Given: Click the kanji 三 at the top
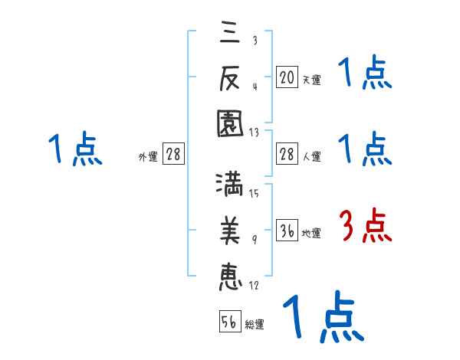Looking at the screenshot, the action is [228, 32].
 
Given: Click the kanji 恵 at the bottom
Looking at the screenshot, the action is [228, 275].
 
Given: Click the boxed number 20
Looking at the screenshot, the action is [287, 77].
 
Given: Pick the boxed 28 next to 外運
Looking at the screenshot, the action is [174, 155].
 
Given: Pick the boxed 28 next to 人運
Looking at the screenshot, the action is [287, 155].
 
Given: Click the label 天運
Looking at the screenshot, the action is [311, 80].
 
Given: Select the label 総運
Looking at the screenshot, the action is [255, 324].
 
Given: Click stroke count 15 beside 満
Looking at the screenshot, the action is [254, 193].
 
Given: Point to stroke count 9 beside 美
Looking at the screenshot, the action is [255, 241].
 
